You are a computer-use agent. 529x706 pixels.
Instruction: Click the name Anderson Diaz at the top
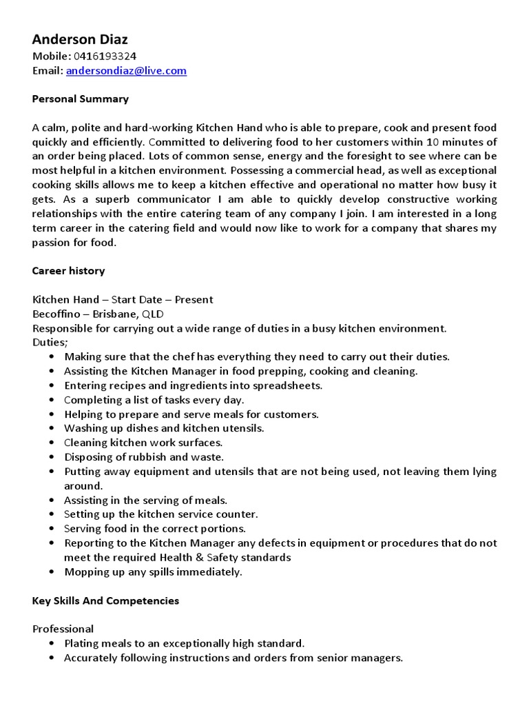pos(80,39)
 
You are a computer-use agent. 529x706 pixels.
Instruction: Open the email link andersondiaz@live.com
pos(126,71)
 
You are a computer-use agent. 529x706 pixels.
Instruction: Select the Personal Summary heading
pos(80,99)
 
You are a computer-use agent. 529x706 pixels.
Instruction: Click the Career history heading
pos(68,270)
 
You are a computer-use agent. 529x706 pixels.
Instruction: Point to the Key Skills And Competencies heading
pos(105,601)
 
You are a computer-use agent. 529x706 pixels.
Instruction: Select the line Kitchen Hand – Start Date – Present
pos(123,299)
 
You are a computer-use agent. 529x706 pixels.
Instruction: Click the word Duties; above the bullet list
pos(50,342)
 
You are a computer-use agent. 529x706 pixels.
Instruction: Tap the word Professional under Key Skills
pos(63,629)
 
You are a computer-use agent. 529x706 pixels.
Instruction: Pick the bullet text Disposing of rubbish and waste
pos(144,456)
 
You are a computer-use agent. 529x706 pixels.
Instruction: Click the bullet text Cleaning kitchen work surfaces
pos(143,443)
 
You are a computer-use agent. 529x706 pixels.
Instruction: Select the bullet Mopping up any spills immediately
pos(153,572)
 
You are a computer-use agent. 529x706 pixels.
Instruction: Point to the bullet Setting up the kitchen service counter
pos(160,514)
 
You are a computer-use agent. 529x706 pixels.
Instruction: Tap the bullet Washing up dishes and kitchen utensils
pos(164,428)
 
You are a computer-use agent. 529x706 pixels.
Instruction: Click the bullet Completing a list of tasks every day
pos(154,400)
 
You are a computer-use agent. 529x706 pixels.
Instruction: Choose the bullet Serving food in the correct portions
pos(155,529)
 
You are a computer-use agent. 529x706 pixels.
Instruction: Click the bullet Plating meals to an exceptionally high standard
pos(184,643)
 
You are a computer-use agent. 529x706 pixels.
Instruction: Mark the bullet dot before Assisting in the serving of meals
pos(53,501)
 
